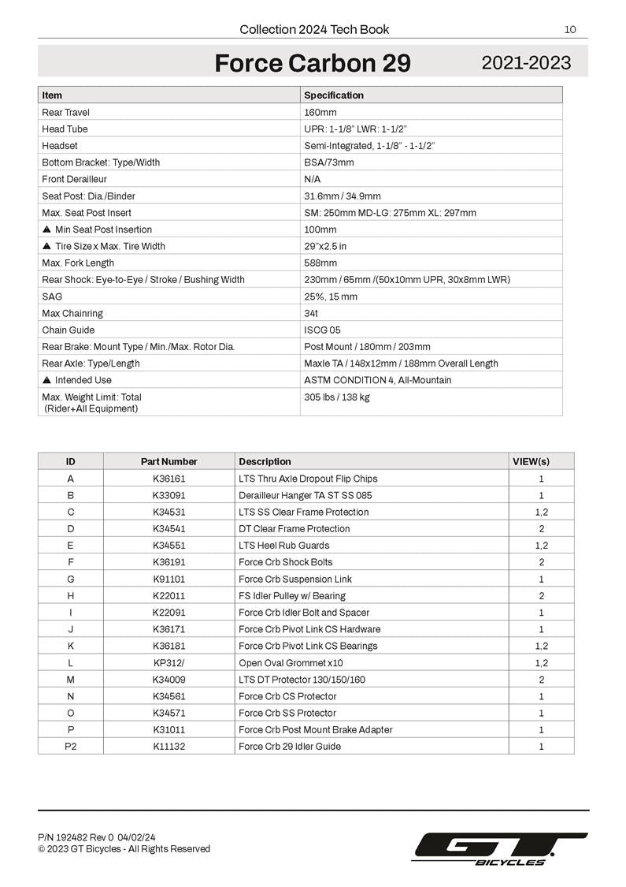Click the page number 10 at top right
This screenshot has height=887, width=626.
tap(570, 30)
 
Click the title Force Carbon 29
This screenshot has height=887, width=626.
tap(313, 63)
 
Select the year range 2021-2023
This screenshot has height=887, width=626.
tap(526, 63)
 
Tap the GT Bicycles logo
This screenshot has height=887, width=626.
tap(500, 849)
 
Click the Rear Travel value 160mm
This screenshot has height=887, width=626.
tap(320, 112)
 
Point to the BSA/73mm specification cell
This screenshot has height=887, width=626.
tap(329, 162)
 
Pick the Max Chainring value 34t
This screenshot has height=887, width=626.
tap(311, 313)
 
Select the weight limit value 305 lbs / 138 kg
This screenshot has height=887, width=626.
tap(336, 397)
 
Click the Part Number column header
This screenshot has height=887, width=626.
tap(169, 461)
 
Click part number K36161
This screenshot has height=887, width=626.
tap(169, 479)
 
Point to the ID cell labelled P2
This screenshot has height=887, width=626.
tap(71, 746)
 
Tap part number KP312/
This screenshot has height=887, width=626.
tap(169, 662)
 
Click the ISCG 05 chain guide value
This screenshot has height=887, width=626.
tap(322, 330)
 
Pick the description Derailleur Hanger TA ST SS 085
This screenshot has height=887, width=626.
tap(306, 495)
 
